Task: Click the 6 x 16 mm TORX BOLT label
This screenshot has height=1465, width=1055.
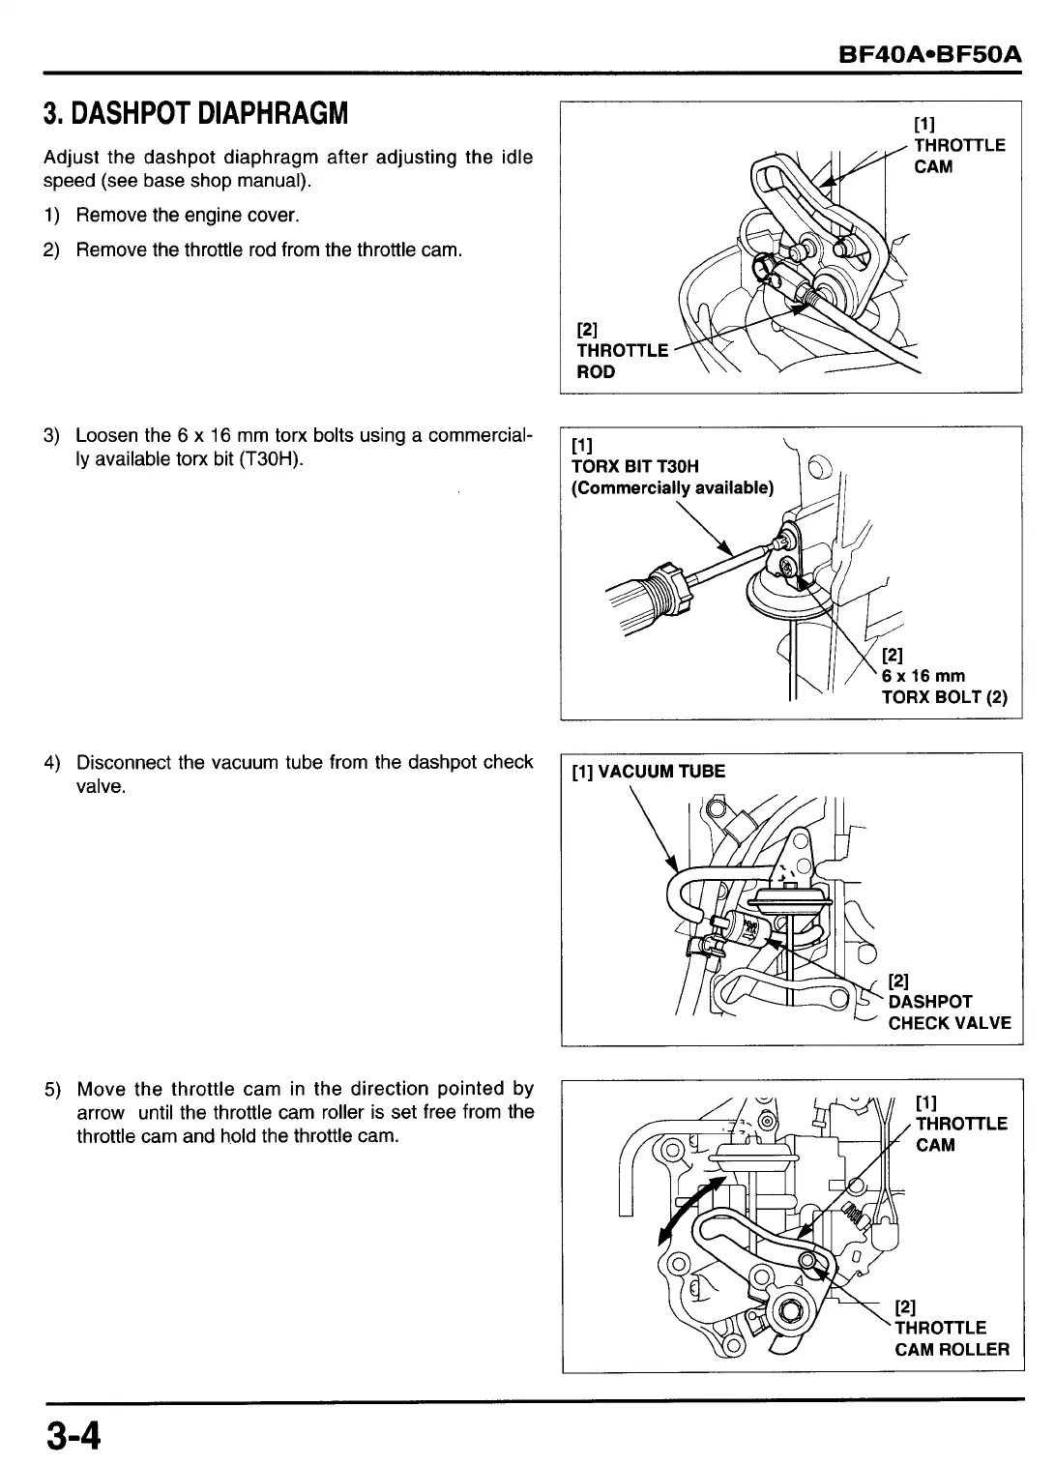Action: pyautogui.click(x=944, y=686)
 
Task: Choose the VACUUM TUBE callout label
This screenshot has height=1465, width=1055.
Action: pyautogui.click(x=648, y=771)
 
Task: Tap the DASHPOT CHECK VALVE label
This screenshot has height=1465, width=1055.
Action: pyautogui.click(x=949, y=1011)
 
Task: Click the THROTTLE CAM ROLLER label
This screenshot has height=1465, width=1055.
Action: pyautogui.click(x=951, y=1338)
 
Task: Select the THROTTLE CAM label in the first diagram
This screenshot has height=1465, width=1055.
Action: pyautogui.click(x=959, y=156)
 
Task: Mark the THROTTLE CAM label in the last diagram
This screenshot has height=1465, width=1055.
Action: pyautogui.click(x=960, y=1133)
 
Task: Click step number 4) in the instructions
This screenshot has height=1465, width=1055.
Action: pyautogui.click(x=52, y=763)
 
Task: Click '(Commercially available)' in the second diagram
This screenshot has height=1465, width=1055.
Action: pyautogui.click(x=673, y=488)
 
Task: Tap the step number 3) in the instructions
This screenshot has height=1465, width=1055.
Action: pyautogui.click(x=52, y=435)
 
